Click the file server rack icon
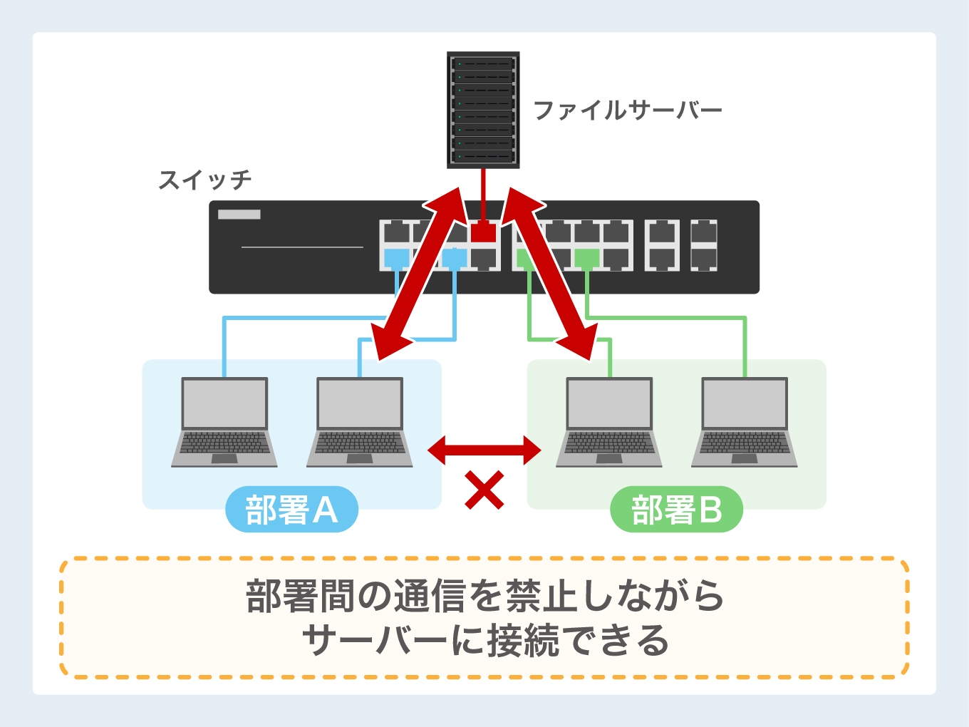click(483, 110)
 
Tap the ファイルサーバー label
click(627, 110)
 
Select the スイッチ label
click(205, 180)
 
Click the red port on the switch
click(483, 232)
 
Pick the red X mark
click(484, 490)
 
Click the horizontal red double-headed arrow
click(484, 450)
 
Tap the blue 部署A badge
click(291, 510)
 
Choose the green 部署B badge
click(676, 510)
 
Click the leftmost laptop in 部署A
click(224, 422)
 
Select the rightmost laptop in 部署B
click(745, 422)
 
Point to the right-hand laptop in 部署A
click(360, 422)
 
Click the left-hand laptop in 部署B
click(609, 422)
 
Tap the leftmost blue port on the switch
click(396, 258)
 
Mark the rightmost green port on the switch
click(587, 258)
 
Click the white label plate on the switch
click(239, 215)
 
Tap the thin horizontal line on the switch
click(302, 247)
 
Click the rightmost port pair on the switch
click(703, 245)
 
